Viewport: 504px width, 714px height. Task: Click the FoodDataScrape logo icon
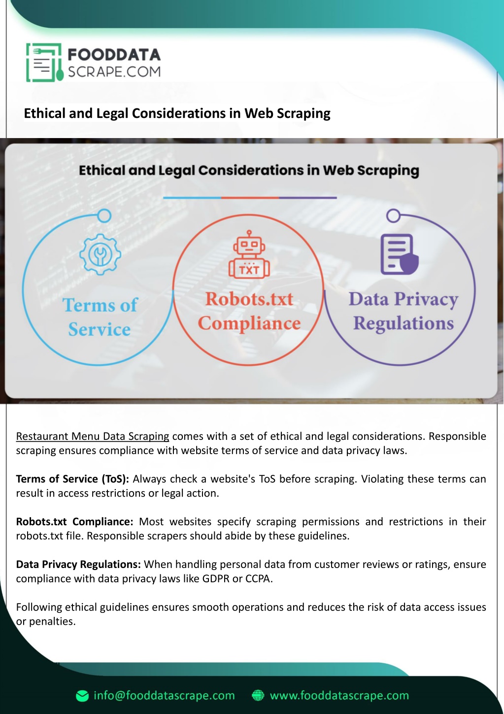(44, 63)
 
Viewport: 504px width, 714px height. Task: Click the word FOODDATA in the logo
(114, 55)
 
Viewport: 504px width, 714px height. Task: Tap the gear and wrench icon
(101, 254)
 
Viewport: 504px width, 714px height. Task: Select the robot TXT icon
(249, 254)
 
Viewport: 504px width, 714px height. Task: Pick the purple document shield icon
(400, 254)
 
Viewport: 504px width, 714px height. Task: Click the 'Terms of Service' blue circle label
(100, 317)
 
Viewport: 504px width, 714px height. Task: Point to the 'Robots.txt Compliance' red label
(249, 311)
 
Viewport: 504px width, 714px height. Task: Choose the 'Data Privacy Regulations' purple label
(403, 311)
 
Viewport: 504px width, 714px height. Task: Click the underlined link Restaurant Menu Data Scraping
(93, 436)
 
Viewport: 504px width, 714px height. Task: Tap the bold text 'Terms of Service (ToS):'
(72, 479)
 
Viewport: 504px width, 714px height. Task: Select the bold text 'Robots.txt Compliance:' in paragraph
(75, 522)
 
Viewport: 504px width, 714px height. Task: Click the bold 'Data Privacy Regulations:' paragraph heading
(78, 564)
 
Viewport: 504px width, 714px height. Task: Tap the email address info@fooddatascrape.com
(164, 695)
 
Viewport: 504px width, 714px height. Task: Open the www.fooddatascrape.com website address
(339, 695)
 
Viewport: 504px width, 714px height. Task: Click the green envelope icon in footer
(82, 696)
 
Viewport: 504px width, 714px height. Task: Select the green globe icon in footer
(258, 696)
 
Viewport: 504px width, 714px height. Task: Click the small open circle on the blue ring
(104, 216)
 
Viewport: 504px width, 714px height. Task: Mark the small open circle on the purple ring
(393, 216)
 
